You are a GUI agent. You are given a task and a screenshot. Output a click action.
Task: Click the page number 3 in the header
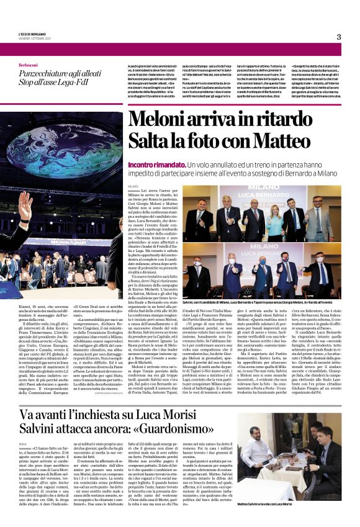339,37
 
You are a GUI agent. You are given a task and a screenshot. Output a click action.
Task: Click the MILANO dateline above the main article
132,186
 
